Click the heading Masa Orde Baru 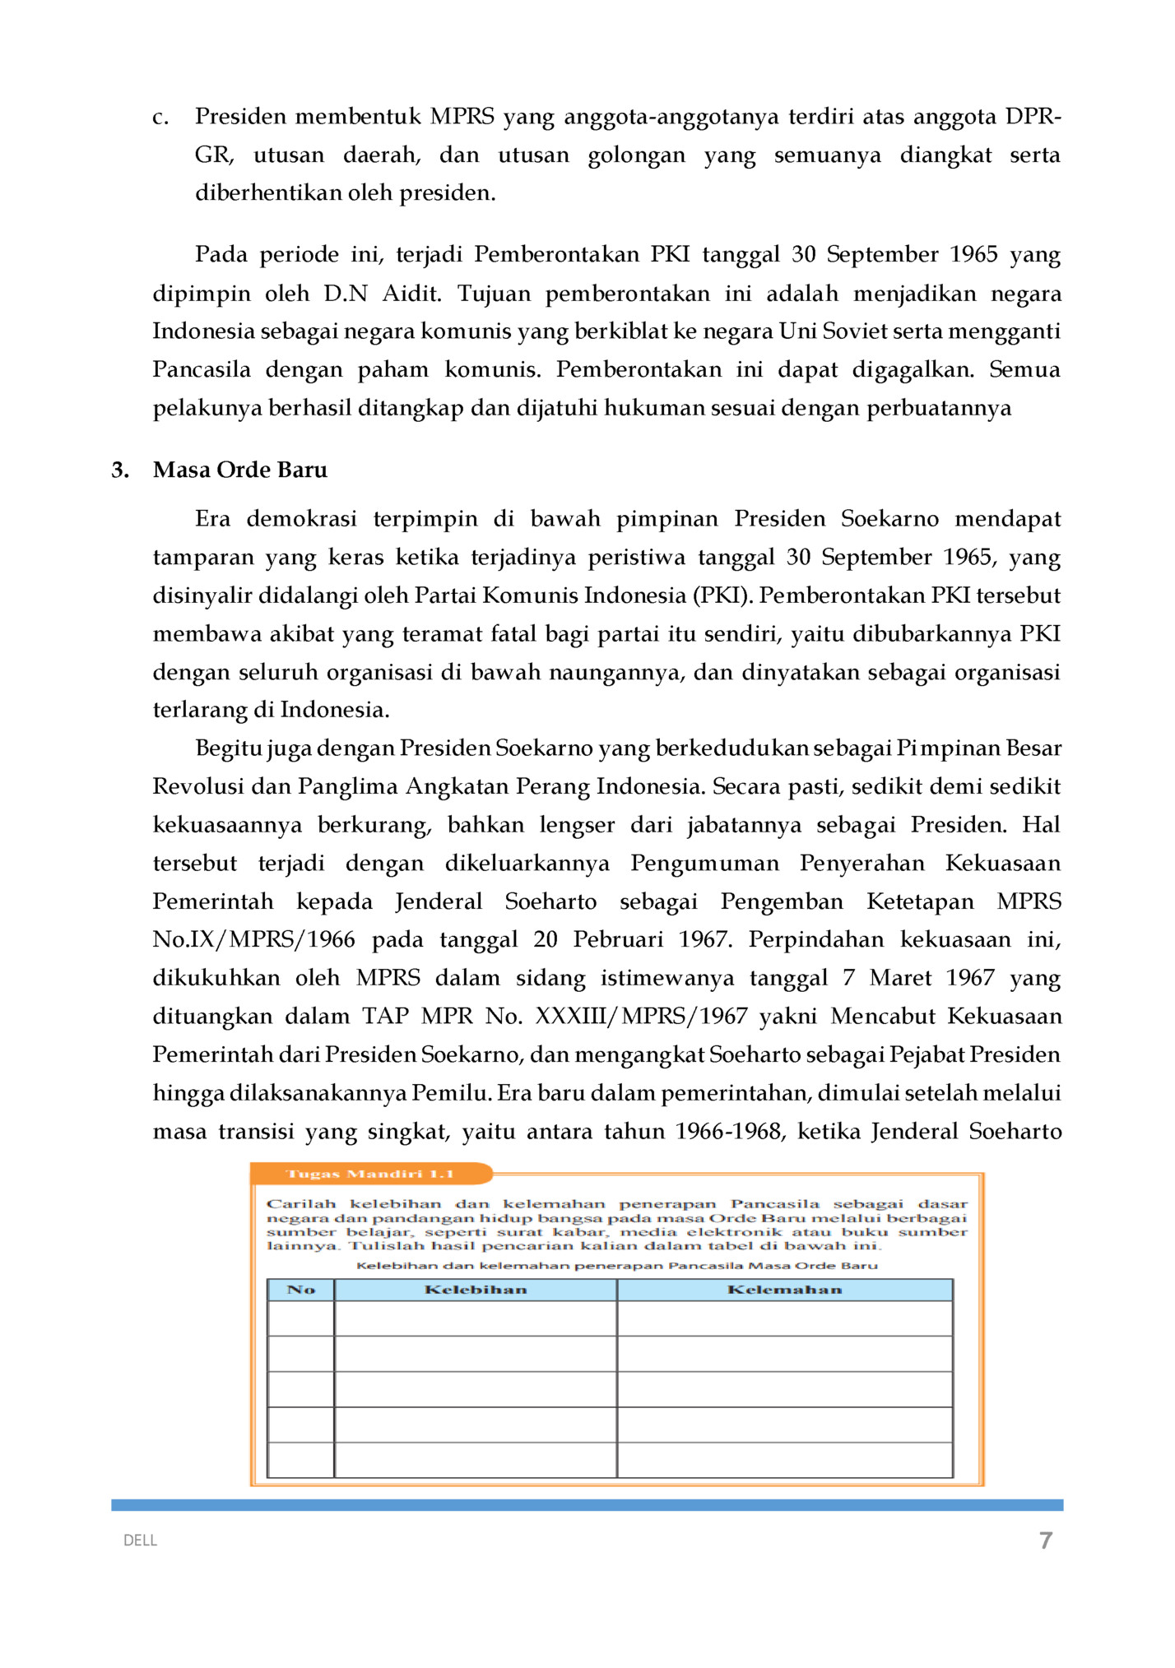(x=240, y=470)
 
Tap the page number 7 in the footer (x=1045, y=1541)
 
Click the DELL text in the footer (x=140, y=1541)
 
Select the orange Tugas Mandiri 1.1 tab (x=370, y=1174)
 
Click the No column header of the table (x=301, y=1290)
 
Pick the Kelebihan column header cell (x=476, y=1290)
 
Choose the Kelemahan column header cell (x=784, y=1290)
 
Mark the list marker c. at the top (x=160, y=118)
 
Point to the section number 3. (x=120, y=470)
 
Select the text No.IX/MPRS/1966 (x=253, y=939)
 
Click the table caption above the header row (x=616, y=1266)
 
